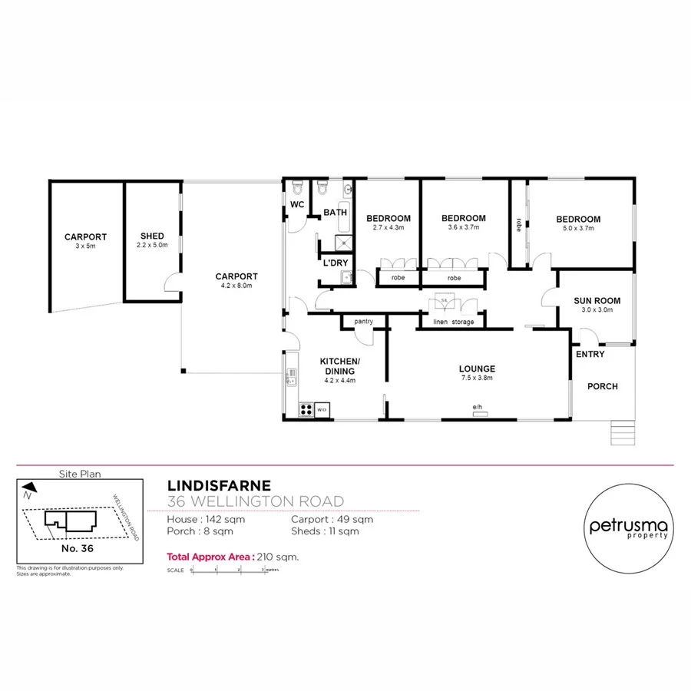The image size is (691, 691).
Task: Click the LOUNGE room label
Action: pos(478,368)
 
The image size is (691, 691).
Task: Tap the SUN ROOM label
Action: pos(597,301)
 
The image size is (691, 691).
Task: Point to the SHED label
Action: pos(153,236)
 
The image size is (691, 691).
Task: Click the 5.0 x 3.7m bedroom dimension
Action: pos(578,228)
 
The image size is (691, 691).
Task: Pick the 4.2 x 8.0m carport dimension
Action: pos(236,285)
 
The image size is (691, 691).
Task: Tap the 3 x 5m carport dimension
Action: pos(85,246)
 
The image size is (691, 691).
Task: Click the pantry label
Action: pos(363,321)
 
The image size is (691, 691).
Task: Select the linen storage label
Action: pos(454,322)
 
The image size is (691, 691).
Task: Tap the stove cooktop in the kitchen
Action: pos(305,409)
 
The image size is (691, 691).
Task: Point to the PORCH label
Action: pos(602,386)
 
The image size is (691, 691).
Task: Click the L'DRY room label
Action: pos(336,263)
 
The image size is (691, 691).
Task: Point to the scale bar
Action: pos(227,570)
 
